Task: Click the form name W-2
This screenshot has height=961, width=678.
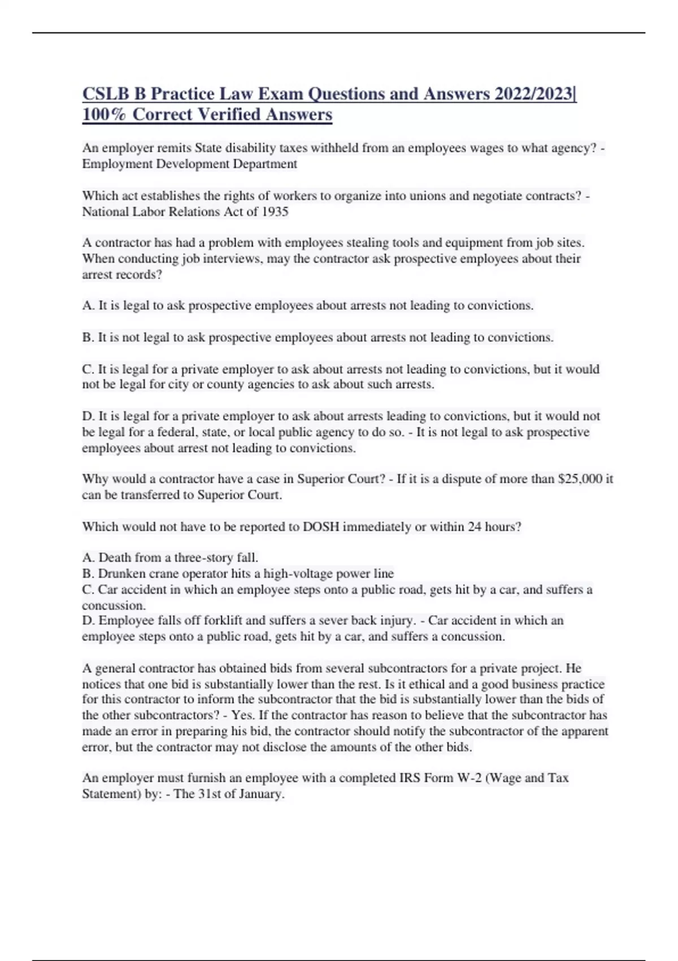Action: point(470,778)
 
